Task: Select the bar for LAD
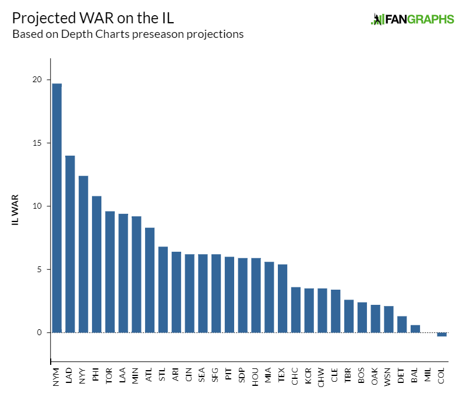coord(70,244)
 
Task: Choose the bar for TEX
coord(282,298)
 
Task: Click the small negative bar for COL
coord(442,335)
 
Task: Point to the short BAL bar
coord(415,329)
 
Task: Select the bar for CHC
coord(295,310)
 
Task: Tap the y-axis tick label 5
coord(40,269)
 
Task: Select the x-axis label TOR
coord(110,375)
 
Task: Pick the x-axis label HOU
coord(256,375)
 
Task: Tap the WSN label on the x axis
coord(389,375)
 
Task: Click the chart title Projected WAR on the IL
coord(93,17)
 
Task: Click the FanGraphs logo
coord(412,19)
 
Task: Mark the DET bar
coord(401,325)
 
